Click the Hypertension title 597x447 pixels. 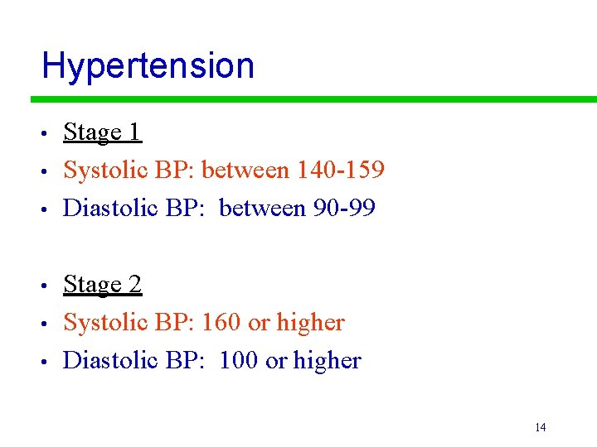pos(148,65)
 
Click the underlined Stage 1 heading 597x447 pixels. pos(103,132)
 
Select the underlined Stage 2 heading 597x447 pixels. pos(103,285)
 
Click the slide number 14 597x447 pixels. pos(540,427)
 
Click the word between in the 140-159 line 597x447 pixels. pos(244,170)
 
